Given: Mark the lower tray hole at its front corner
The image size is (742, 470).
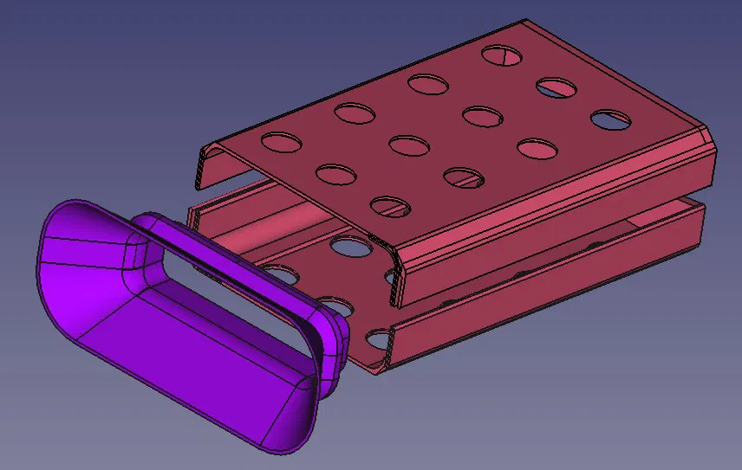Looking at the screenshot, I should (377, 338).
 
